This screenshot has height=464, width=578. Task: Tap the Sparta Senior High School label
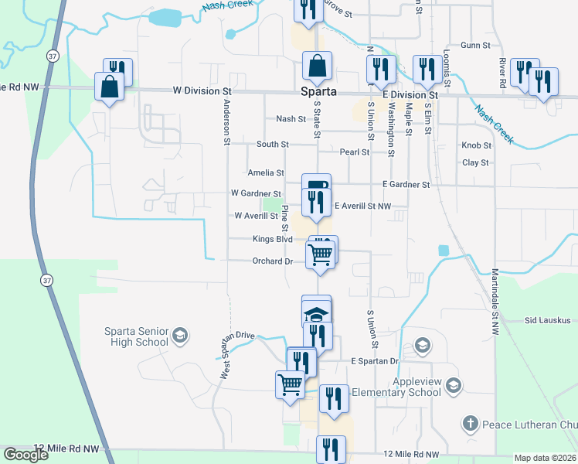(136, 336)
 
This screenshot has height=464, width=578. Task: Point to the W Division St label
(201, 90)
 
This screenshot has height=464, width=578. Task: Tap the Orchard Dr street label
(272, 261)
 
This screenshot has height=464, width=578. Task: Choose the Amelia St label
(266, 173)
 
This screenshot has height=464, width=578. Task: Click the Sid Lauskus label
(547, 319)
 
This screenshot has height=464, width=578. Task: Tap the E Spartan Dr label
(374, 361)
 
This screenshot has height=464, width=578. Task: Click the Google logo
(25, 455)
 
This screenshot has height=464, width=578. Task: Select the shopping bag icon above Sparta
(318, 67)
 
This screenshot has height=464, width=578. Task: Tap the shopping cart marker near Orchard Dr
(320, 254)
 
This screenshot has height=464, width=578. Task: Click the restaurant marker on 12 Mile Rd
(331, 449)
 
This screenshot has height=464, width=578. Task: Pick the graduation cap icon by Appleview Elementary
(454, 385)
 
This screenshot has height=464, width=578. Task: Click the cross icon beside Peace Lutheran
(470, 423)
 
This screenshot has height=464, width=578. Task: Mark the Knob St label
(476, 145)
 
